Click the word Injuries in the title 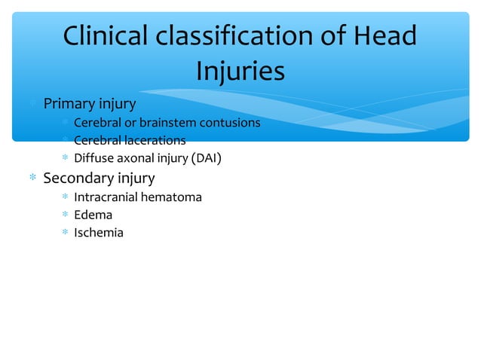point(240,71)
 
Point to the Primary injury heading point(89,102)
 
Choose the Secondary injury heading point(99,178)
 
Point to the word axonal point(136,158)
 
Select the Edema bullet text point(93,215)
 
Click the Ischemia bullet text point(98,233)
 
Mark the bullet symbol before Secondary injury point(32,179)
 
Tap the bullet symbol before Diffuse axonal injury point(65,159)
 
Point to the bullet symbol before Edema point(65,215)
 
